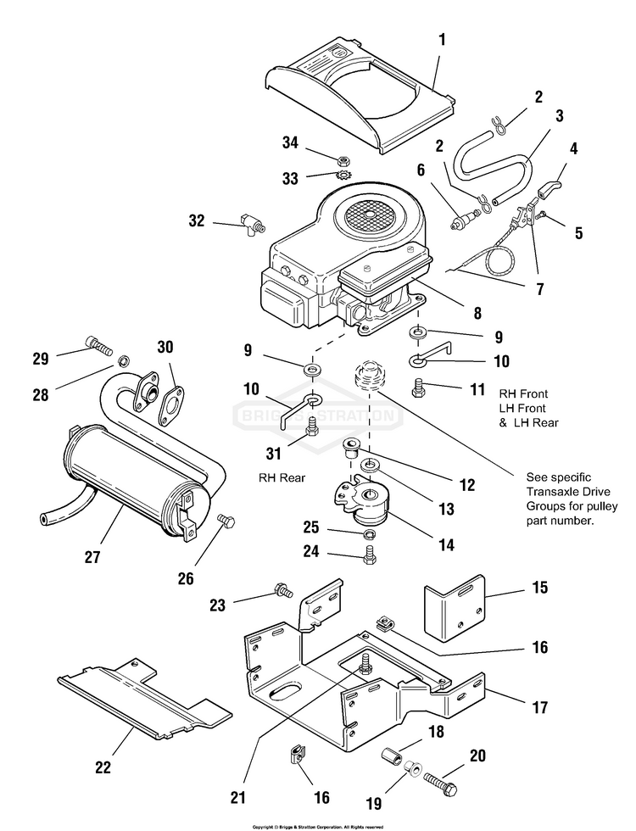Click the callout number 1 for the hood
pos(441,39)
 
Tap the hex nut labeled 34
pos(345,159)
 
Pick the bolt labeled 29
pos(97,345)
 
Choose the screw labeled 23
pos(280,588)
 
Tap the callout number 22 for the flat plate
pos(103,767)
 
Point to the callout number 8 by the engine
pos(477,313)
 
